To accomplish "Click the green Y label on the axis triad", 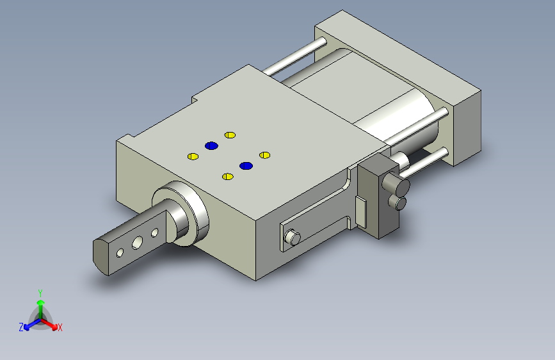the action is pos(40,293).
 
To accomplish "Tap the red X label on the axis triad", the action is pos(60,327).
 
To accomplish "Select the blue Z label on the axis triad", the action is pos(21,327).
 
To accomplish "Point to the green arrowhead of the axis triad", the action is pos(41,302).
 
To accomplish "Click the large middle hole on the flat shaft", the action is pos(138,243).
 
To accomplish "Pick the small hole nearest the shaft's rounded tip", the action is pos(120,253).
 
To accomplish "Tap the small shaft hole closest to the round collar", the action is pos(155,233).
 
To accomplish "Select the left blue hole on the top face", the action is pos(211,145).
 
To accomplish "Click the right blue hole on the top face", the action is pos(246,166).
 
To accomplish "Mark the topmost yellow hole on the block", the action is pos(230,135).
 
